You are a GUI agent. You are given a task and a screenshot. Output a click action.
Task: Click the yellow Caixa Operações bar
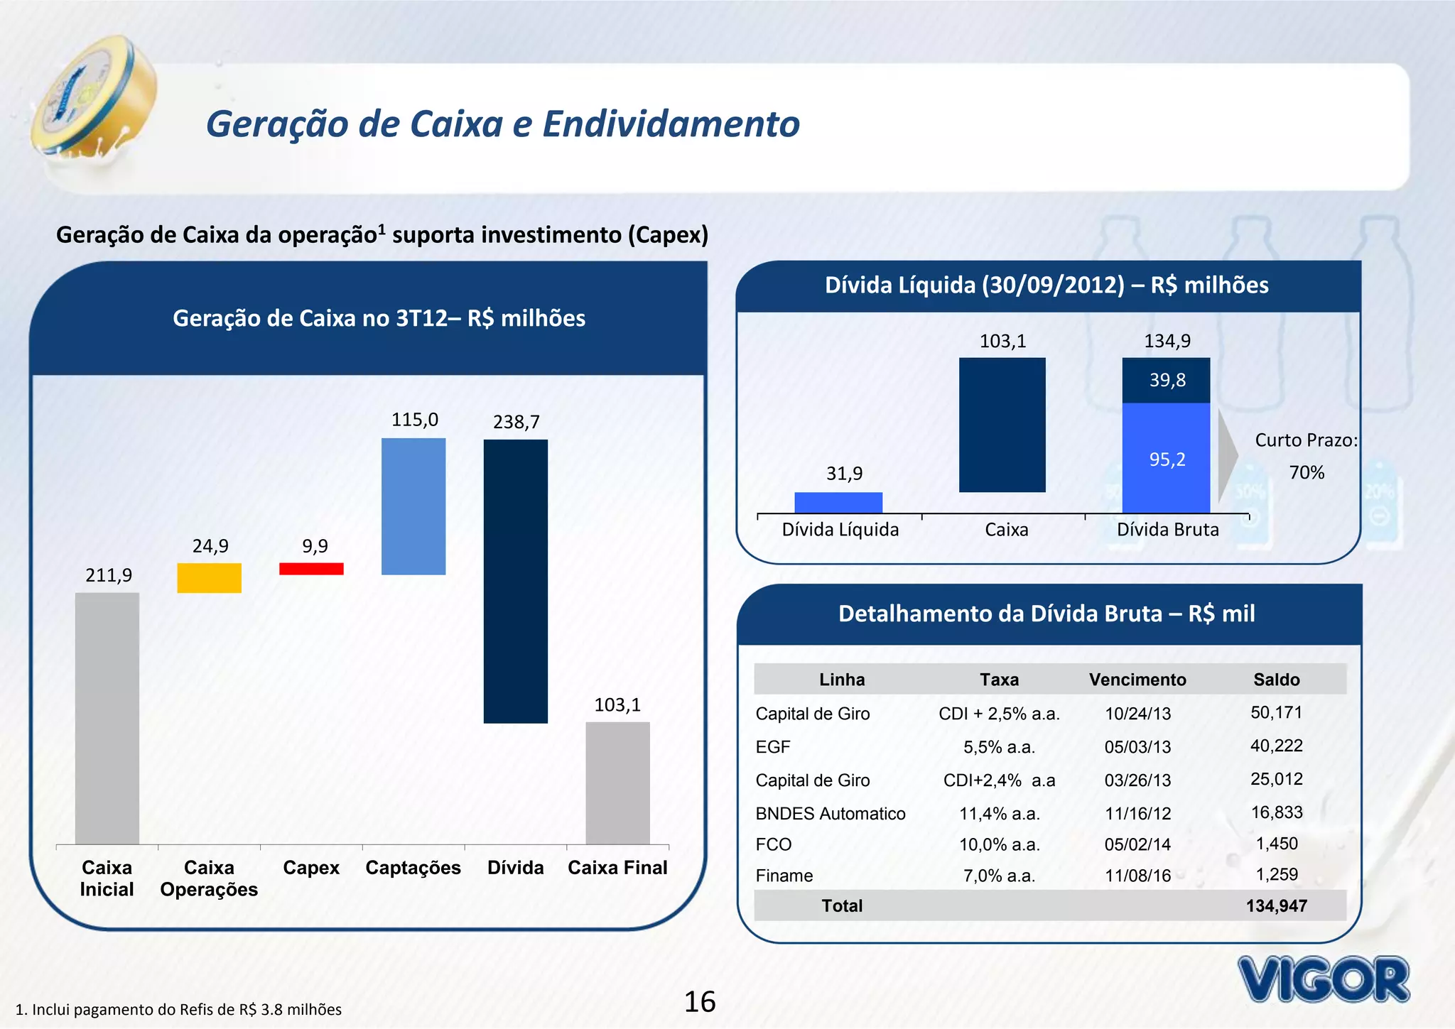click(209, 578)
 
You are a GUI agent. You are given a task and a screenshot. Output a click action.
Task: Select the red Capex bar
click(311, 569)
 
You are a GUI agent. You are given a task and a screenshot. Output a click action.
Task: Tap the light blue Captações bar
click(413, 506)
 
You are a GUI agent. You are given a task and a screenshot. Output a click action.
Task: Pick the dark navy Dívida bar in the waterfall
click(516, 581)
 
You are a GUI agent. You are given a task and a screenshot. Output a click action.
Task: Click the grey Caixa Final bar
click(617, 783)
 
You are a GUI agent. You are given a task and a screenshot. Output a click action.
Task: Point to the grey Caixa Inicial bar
click(107, 718)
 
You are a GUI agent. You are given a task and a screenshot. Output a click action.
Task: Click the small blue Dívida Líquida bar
click(838, 502)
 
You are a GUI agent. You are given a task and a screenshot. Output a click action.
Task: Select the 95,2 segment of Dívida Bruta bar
click(1166, 458)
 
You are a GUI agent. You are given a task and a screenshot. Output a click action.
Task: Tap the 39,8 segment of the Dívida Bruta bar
click(1166, 381)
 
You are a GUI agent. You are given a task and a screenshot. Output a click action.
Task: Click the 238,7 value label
click(516, 423)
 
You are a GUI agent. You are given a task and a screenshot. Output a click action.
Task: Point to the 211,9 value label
click(109, 575)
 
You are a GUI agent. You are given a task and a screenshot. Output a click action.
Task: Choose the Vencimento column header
click(1137, 680)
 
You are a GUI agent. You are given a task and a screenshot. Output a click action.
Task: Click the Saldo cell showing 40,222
click(1276, 746)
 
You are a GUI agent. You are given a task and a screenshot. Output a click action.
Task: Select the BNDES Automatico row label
click(831, 814)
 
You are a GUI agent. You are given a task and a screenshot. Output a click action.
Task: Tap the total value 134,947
click(1276, 906)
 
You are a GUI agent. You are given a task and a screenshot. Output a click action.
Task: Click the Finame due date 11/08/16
click(1137, 876)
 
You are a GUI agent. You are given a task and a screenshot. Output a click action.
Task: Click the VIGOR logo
click(1323, 980)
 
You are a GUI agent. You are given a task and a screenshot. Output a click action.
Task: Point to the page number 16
click(700, 1002)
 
